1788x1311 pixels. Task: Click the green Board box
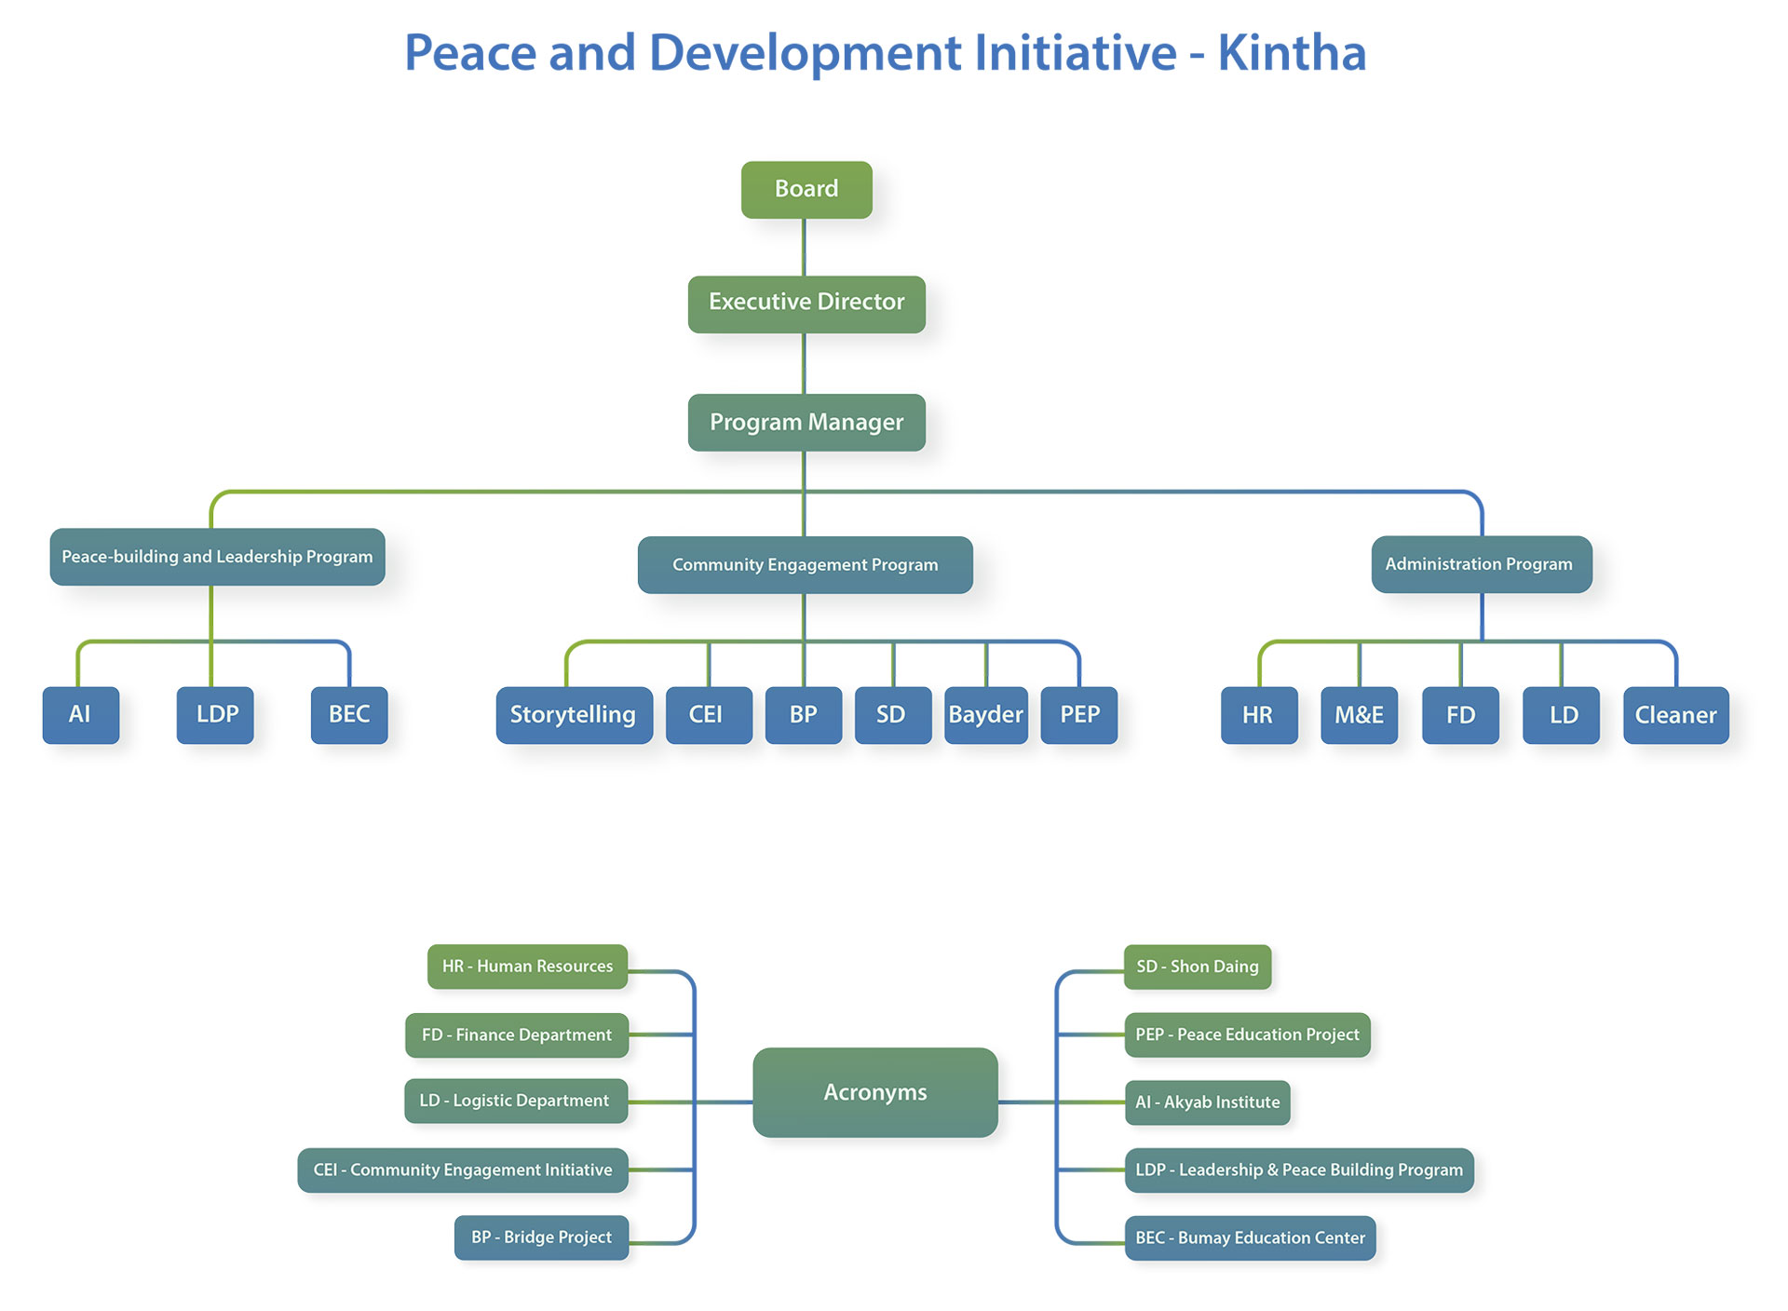click(806, 190)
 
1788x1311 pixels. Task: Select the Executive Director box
click(806, 304)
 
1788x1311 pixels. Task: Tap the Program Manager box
click(806, 423)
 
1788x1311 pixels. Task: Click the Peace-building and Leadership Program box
click(217, 557)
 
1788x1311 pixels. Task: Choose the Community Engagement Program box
click(806, 564)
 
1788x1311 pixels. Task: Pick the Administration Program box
click(1482, 564)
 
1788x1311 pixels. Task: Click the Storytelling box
click(574, 715)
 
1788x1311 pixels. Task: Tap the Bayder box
click(986, 715)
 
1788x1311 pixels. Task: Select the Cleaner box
click(1676, 715)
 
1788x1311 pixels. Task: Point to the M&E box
click(1360, 715)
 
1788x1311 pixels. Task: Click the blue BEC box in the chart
click(349, 715)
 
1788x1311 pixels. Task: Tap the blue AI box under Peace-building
click(81, 715)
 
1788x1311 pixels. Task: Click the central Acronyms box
click(875, 1092)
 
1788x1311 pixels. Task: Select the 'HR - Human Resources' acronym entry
click(527, 966)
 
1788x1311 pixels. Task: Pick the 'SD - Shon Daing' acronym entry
click(1198, 966)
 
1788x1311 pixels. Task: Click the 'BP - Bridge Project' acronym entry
click(541, 1237)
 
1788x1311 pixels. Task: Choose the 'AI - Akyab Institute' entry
click(1208, 1102)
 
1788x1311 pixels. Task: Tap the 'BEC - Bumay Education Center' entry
click(1250, 1238)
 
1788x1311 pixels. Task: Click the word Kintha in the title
click(1292, 52)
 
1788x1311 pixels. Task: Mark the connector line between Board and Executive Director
click(804, 248)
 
